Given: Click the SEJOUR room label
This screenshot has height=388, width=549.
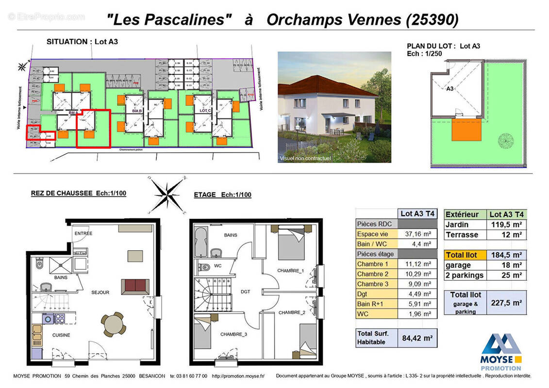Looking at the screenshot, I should [x=100, y=292].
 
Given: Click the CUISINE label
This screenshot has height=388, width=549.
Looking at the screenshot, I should [x=62, y=335].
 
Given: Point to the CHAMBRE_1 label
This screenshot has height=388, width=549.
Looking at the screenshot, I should [x=290, y=270].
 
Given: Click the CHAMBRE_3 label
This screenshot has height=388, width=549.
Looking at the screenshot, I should [x=233, y=334].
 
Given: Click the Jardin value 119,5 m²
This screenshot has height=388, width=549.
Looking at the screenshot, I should [x=506, y=224].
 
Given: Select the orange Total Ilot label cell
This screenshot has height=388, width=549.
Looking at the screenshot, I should [x=465, y=255].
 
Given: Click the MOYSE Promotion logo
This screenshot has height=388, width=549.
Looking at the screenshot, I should [x=501, y=352].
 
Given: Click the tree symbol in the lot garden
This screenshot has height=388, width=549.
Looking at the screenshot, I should [x=506, y=141].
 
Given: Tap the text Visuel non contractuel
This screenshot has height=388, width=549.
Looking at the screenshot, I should [x=305, y=158].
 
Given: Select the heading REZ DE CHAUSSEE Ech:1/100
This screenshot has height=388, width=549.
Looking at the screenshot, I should [x=79, y=193].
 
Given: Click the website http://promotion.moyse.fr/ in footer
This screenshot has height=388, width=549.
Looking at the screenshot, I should [x=238, y=376].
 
